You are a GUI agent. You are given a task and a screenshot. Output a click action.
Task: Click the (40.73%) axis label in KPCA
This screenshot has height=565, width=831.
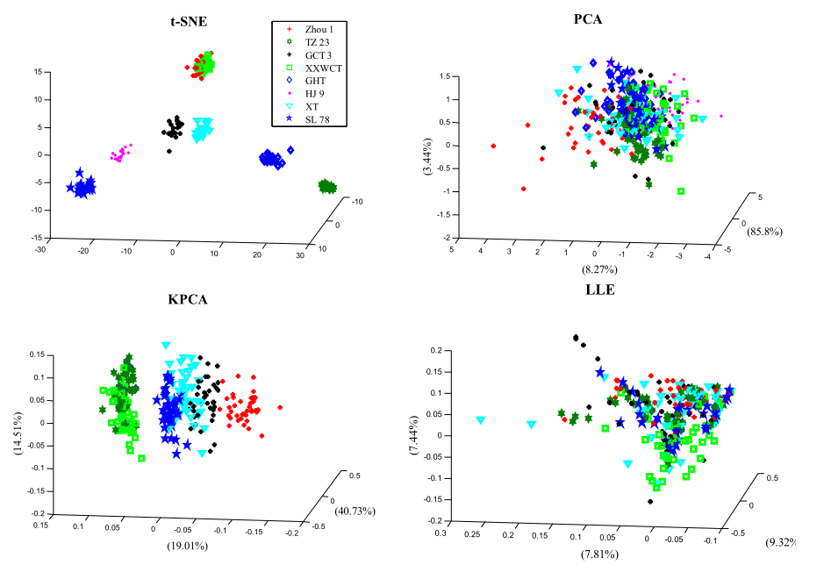357,511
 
